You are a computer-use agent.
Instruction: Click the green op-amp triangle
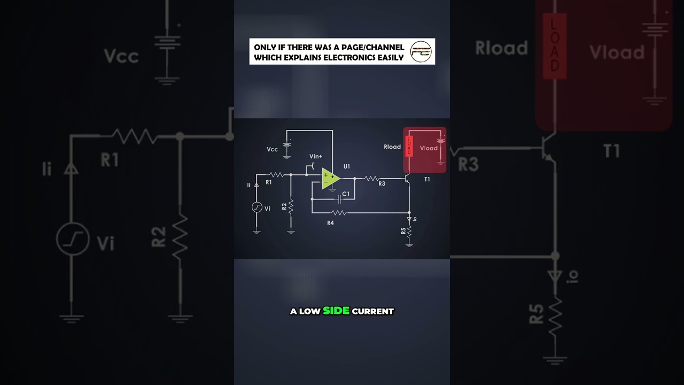click(330, 179)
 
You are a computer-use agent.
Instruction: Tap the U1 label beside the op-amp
click(347, 166)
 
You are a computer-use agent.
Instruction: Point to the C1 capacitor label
click(346, 194)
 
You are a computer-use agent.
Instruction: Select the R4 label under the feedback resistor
click(330, 222)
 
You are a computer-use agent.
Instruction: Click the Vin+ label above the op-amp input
click(316, 156)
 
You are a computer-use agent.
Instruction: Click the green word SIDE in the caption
click(336, 311)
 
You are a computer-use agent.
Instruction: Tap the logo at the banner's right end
click(421, 52)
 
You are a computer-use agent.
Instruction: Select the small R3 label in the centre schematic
click(382, 184)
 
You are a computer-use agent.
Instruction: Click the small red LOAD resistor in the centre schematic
click(409, 145)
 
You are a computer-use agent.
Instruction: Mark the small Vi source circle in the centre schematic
click(256, 207)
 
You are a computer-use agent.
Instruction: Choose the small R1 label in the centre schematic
click(269, 182)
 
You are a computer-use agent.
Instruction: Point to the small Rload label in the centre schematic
click(392, 147)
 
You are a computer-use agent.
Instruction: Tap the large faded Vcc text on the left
click(121, 56)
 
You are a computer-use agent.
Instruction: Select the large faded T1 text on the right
click(612, 151)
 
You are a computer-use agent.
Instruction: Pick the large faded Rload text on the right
click(501, 48)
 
